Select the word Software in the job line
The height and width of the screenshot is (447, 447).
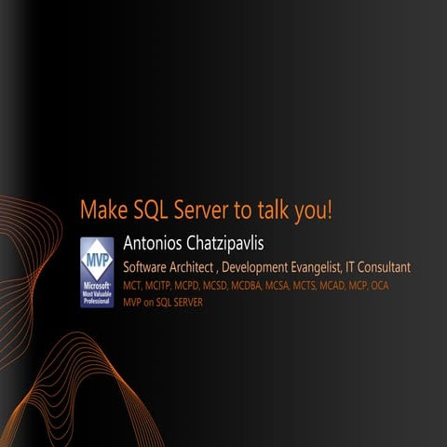click(150, 267)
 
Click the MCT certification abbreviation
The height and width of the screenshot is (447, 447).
click(133, 286)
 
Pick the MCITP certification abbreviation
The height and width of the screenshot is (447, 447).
click(161, 286)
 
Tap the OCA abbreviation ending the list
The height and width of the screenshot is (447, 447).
click(379, 286)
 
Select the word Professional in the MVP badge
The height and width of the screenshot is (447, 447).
click(96, 302)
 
